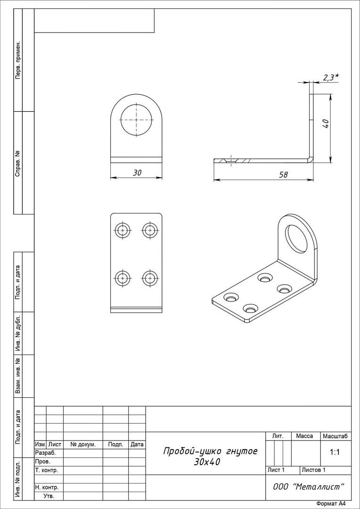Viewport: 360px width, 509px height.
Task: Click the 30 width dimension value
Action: point(137,172)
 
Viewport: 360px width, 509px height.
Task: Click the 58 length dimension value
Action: point(283,175)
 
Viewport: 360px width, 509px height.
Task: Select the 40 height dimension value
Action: point(326,123)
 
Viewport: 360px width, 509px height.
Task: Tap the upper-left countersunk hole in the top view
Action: point(123,230)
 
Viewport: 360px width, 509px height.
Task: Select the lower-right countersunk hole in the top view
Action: point(150,278)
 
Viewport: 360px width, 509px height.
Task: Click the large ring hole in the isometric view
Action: point(296,239)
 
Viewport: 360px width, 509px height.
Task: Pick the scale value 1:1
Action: point(335,452)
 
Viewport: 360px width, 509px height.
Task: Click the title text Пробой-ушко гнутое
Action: point(210,451)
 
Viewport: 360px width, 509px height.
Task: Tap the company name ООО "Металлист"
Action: point(308,487)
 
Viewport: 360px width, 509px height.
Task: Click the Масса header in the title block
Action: point(304,436)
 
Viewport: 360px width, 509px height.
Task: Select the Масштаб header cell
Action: point(335,436)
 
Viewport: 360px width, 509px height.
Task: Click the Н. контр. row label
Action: point(47,487)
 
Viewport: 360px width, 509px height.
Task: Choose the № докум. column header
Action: point(83,444)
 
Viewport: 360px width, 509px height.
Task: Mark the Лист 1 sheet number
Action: point(276,470)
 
